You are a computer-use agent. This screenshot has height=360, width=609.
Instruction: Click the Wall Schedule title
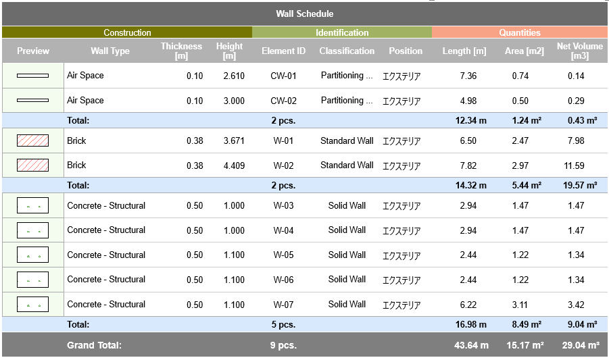click(x=304, y=14)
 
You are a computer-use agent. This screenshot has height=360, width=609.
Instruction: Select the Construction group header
click(x=127, y=32)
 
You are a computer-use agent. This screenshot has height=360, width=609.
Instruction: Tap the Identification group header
click(x=342, y=32)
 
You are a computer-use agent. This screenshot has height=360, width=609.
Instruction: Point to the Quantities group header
click(x=520, y=32)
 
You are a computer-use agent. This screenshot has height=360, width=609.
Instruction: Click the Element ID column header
click(x=283, y=51)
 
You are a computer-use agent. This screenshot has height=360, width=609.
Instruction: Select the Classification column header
click(x=347, y=51)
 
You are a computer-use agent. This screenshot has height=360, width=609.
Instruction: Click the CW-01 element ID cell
click(x=283, y=76)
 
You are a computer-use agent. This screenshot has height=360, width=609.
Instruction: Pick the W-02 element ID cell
click(x=283, y=165)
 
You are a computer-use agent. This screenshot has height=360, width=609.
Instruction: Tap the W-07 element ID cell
click(x=283, y=305)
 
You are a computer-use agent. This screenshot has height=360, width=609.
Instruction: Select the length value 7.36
click(x=468, y=76)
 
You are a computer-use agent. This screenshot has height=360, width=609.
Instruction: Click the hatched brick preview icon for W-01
click(x=32, y=140)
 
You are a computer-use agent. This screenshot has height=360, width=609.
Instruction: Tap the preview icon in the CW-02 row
click(x=32, y=101)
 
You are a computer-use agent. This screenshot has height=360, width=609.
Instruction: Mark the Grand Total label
click(x=94, y=345)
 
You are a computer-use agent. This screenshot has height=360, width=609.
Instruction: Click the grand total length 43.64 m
click(x=471, y=345)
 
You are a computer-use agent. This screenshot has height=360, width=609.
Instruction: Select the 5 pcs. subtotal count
click(x=283, y=325)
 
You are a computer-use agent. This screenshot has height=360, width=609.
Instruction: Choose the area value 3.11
click(x=520, y=305)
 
